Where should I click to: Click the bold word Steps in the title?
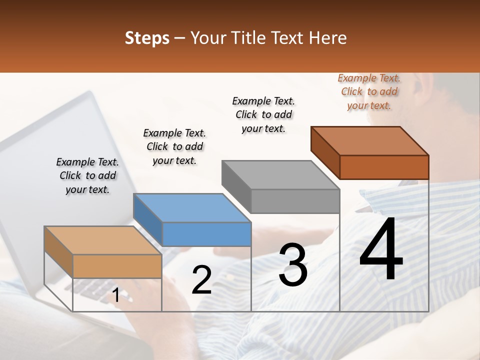click(147, 38)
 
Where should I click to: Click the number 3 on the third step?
click(293, 265)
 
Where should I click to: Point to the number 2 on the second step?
click(201, 280)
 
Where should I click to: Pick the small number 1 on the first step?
click(115, 295)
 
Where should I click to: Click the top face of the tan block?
click(102, 240)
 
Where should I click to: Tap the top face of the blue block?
click(192, 207)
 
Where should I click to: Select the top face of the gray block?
click(280, 175)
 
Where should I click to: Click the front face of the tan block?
click(117, 266)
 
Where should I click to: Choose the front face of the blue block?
click(206, 234)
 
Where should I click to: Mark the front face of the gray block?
click(295, 201)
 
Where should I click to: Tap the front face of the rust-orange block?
click(384, 167)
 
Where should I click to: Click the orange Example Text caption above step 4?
click(369, 91)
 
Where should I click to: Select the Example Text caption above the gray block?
click(263, 114)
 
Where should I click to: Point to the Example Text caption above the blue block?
click(174, 146)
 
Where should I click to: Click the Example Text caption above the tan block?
click(87, 175)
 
